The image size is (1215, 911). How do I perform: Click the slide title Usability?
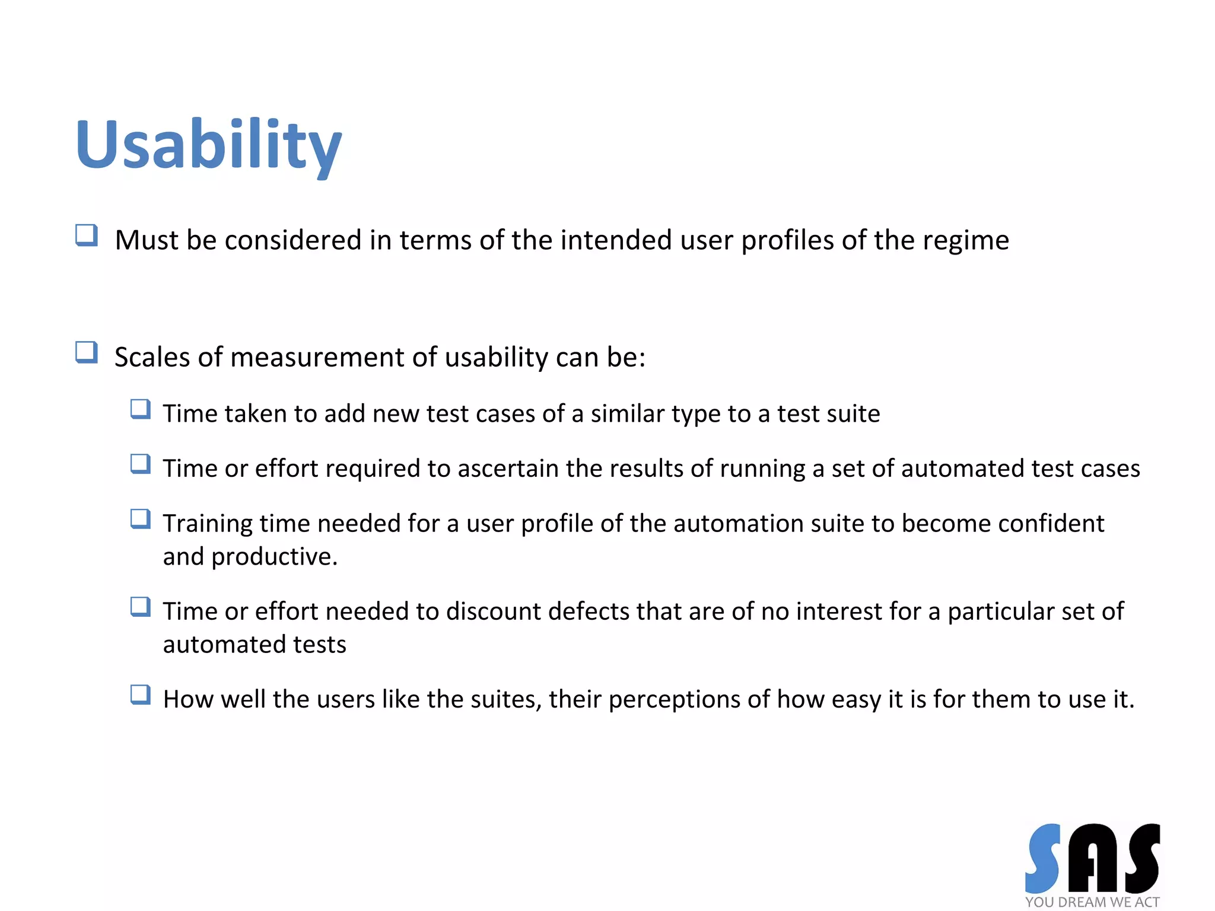[208, 145]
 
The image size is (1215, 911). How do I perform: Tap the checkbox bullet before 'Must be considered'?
[87, 235]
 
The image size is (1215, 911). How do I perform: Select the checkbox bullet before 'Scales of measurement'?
[87, 352]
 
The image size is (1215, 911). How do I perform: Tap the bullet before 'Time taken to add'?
[141, 409]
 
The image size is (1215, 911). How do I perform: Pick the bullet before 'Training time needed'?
[141, 519]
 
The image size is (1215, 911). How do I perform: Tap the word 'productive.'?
[274, 557]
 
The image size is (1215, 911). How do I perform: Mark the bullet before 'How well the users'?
[141, 695]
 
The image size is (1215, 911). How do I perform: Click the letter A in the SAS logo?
[1092, 859]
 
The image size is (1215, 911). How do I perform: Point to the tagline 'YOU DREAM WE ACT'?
[1092, 902]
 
